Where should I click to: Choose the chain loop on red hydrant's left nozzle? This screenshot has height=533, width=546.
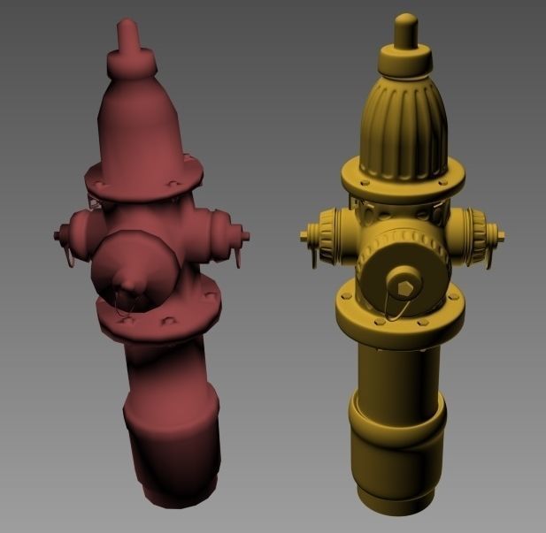pos(65,255)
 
